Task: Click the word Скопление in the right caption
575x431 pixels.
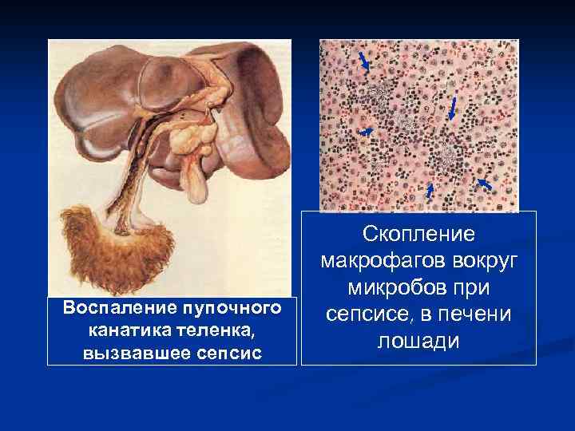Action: (x=418, y=234)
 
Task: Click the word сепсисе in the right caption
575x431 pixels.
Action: (x=373, y=314)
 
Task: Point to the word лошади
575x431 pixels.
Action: (x=418, y=340)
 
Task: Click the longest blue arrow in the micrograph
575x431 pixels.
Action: (x=452, y=109)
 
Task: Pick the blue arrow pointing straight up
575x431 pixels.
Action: (x=430, y=190)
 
